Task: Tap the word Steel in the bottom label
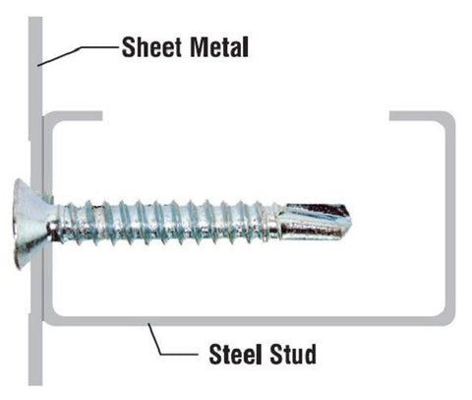(x=235, y=354)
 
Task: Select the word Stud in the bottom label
(x=292, y=354)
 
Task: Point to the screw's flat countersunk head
(x=31, y=224)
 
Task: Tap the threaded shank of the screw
(x=164, y=222)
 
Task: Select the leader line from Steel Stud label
(x=171, y=342)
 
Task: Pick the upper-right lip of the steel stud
(x=416, y=116)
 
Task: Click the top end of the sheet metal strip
(x=35, y=18)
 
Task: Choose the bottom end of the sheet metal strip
(x=35, y=383)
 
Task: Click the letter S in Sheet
(x=128, y=47)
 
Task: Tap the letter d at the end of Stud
(x=310, y=354)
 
